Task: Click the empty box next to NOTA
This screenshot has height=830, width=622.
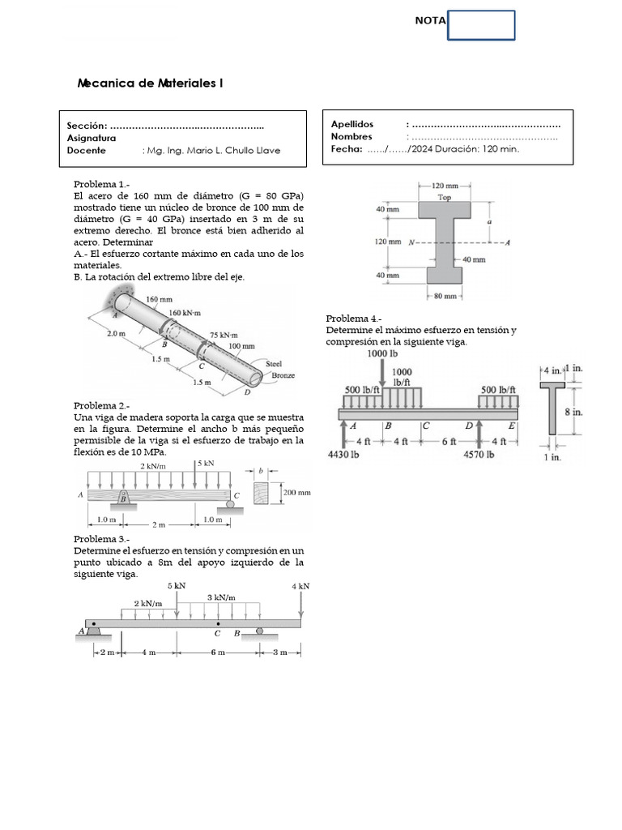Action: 481,25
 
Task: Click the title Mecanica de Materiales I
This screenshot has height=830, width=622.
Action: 150,83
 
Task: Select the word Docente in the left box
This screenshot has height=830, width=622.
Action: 87,151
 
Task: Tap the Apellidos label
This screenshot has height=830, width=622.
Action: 352,124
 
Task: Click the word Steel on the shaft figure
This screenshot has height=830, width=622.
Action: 275,365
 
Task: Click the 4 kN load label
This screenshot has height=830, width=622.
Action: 300,586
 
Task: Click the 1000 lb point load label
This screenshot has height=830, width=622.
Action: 382,354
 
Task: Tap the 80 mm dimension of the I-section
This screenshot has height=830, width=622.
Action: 445,297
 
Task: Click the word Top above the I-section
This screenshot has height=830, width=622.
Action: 445,197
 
